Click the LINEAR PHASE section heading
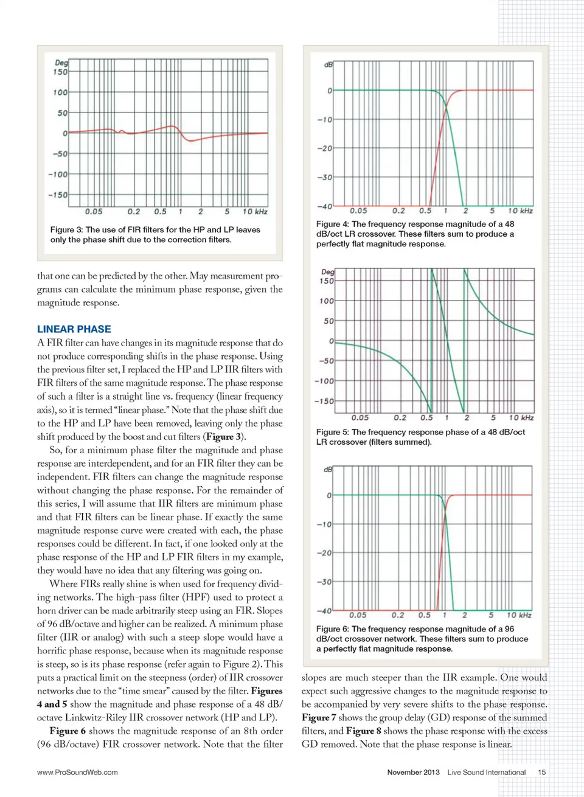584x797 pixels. (x=74, y=329)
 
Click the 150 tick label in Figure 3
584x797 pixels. (x=60, y=72)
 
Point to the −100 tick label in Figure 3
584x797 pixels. (x=58, y=175)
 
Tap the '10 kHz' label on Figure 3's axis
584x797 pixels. (x=255, y=212)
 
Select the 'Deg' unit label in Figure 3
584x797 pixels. (x=61, y=63)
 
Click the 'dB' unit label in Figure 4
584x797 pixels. (x=328, y=64)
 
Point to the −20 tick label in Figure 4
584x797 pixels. (x=325, y=148)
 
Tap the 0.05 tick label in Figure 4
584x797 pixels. (x=358, y=211)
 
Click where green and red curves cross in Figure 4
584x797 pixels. (x=445, y=107)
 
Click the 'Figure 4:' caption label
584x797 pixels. (x=332, y=224)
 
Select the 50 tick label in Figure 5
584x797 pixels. (x=328, y=321)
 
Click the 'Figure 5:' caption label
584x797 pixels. (x=332, y=432)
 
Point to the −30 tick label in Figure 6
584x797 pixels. (x=324, y=582)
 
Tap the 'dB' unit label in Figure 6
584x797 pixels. (x=328, y=470)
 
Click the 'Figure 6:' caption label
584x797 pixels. (x=332, y=629)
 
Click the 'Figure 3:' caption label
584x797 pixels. (x=66, y=230)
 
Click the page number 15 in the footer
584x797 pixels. (x=541, y=772)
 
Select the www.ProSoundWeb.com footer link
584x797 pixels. (x=77, y=772)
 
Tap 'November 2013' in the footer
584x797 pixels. (x=413, y=772)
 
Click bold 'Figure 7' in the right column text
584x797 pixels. (x=319, y=718)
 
